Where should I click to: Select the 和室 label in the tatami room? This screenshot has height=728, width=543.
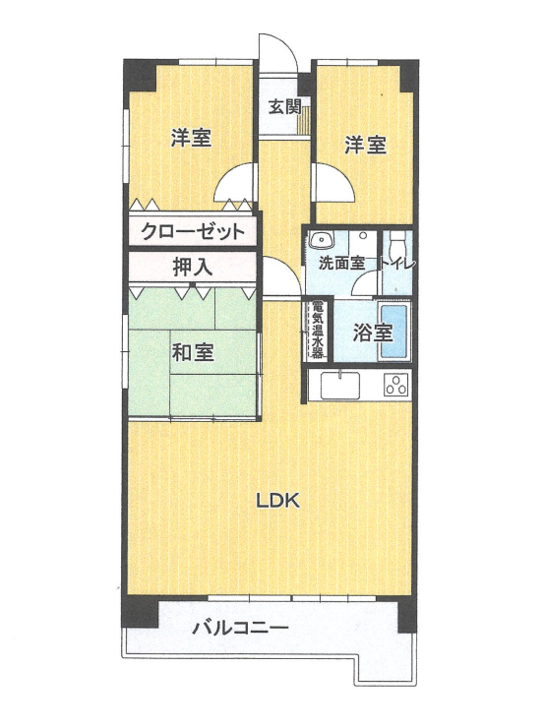pos(193,352)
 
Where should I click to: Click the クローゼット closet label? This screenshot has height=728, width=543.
pos(192,233)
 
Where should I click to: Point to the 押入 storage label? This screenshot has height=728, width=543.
pos(193,266)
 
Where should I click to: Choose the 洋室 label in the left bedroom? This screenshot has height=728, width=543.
pos(191,139)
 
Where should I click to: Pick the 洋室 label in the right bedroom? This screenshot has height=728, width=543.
pos(364,146)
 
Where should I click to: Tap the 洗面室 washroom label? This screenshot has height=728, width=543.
pos(341,264)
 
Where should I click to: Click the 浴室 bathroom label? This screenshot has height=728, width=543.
pos(374,333)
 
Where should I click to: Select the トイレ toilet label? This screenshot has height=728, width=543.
pos(400,264)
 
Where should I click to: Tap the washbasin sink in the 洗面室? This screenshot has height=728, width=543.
pos(321,240)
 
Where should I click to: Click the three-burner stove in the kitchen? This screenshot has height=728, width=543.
pos(395,385)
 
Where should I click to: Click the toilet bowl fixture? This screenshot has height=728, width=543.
pos(397,243)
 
